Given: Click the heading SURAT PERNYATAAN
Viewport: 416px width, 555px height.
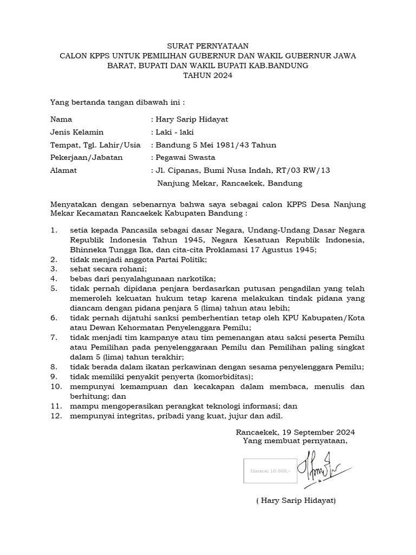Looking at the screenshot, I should coord(207,46).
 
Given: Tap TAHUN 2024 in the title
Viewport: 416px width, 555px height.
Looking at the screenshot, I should coord(207,75).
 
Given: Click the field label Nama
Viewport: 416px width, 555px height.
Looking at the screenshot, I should coord(61,120).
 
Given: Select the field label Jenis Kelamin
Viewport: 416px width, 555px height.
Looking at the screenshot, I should coord(76,132).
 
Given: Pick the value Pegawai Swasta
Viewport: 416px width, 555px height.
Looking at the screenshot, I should coord(185,157).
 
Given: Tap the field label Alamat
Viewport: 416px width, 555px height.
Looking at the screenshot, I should coord(63,170).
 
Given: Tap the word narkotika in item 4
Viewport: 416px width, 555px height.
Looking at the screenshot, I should coord(197,279).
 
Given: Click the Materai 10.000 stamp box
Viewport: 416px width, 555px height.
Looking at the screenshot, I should coord(270,471).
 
